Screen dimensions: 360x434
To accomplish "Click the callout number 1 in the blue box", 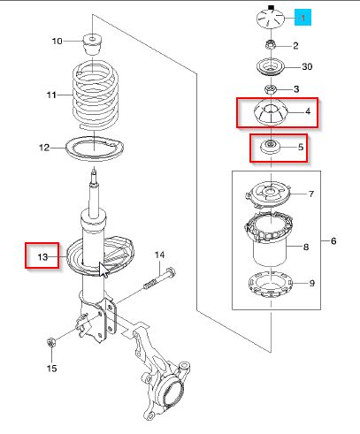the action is tap(303, 18).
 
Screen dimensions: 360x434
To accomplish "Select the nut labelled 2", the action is tap(270, 45).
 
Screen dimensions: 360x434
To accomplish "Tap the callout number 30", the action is tap(307, 66).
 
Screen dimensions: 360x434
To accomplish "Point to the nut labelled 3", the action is tap(271, 88).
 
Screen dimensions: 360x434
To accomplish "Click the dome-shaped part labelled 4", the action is tap(271, 112).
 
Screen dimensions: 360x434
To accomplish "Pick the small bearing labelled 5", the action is tap(271, 147).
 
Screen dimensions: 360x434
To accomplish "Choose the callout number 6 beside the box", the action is tap(333, 241).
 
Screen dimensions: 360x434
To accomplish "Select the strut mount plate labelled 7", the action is tap(268, 194).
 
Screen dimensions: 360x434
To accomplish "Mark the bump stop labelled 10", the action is tap(93, 44).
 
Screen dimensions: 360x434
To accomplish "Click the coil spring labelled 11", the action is tap(96, 95).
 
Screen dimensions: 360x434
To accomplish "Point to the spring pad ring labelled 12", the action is tap(95, 148).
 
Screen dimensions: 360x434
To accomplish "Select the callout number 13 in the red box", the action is tap(42, 257).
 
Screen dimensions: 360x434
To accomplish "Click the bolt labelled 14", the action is tap(159, 278).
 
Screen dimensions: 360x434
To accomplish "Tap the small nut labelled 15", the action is tap(51, 343).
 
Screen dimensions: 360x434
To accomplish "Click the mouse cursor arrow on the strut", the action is tap(103, 270).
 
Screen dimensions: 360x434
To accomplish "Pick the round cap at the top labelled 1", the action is tap(271, 19).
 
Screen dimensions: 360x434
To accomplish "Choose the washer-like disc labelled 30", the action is tap(271, 68).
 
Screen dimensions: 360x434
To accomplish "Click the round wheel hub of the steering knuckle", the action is tap(171, 392).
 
